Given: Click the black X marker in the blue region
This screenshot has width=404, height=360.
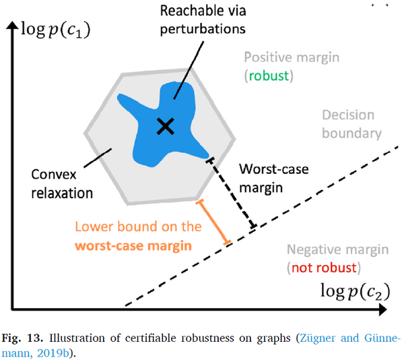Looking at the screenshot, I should coord(164,125).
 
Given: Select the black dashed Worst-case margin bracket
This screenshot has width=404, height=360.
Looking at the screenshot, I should coord(232,193).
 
